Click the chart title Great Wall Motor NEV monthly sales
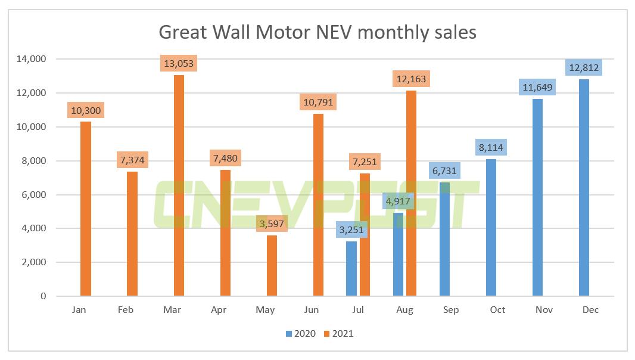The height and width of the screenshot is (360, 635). [317, 32]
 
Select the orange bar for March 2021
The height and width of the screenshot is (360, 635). [179, 185]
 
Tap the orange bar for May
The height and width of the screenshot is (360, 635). [272, 265]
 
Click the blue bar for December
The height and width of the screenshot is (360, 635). [584, 188]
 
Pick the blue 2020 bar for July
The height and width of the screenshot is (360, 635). [351, 268]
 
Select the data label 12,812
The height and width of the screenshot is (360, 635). [584, 67]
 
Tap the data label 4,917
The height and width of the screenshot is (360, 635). [397, 201]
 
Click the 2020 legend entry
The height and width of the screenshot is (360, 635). [300, 334]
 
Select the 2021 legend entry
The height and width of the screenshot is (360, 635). [338, 334]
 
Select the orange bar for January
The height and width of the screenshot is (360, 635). [86, 209]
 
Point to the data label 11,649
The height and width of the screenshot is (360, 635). [537, 87]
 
